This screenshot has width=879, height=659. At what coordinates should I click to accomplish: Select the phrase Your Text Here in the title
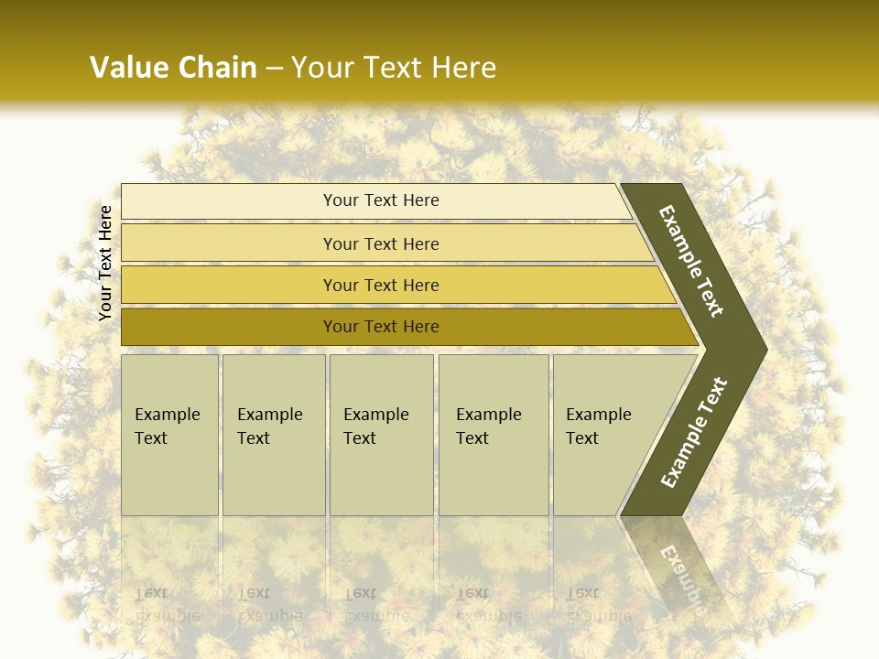[x=394, y=68]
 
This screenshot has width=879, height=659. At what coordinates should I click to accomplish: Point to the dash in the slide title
[x=274, y=69]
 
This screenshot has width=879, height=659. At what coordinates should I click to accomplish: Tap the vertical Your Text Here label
[x=105, y=264]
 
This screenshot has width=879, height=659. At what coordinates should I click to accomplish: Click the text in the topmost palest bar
[x=381, y=200]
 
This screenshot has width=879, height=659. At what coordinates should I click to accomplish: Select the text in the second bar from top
[x=381, y=243]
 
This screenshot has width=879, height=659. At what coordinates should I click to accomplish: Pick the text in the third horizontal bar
[x=381, y=285]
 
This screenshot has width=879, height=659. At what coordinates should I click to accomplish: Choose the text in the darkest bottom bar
[x=381, y=326]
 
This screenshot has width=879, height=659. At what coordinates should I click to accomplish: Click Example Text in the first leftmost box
[x=167, y=427]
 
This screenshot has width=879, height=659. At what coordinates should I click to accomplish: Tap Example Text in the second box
[x=269, y=427]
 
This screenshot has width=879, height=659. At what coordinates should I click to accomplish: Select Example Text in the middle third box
[x=375, y=427]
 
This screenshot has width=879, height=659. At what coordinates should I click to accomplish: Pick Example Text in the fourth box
[x=488, y=427]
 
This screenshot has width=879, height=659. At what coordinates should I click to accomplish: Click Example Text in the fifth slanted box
[x=598, y=427]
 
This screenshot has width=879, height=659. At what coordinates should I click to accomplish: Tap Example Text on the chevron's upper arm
[x=691, y=261]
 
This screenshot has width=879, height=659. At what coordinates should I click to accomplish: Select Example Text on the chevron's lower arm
[x=693, y=433]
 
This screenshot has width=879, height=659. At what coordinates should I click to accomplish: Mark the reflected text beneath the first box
[x=167, y=604]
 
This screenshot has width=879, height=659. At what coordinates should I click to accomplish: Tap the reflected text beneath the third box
[x=375, y=604]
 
